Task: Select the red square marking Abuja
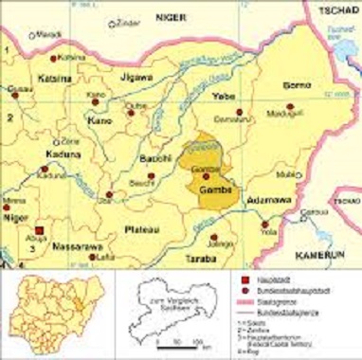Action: click(x=40, y=228)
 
